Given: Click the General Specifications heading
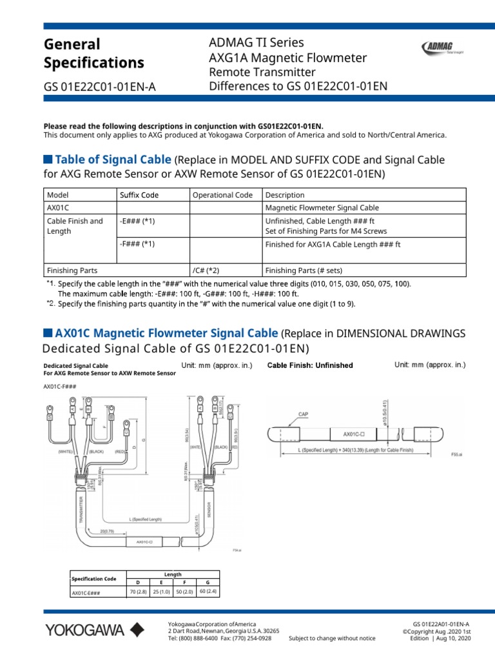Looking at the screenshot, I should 93,54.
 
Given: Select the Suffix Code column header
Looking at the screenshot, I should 139,195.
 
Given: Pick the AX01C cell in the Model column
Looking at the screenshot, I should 58,208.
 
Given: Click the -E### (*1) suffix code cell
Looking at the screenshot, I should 137,221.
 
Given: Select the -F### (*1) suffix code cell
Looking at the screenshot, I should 137,245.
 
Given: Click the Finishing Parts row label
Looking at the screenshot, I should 72,270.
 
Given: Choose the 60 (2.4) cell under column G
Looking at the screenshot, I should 209,591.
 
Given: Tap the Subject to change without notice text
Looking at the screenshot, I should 332,638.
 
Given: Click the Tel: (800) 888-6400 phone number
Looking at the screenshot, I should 193,638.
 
